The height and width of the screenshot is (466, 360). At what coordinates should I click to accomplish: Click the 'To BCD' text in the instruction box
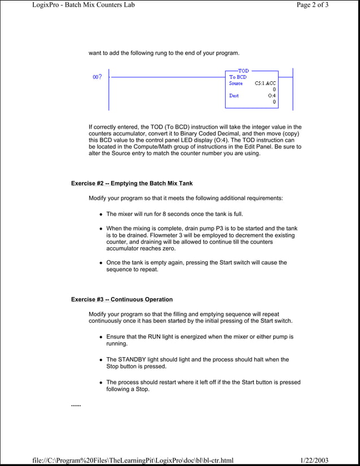(238, 77)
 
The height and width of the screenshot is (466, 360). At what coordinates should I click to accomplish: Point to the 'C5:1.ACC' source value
(265, 83)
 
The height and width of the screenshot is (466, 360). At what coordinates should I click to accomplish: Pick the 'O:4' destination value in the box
(272, 96)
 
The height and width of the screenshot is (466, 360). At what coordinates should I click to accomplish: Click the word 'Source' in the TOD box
(236, 83)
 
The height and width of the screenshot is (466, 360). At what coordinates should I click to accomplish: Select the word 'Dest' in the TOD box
(234, 96)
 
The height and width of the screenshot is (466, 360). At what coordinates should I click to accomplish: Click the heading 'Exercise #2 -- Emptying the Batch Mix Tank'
(131, 183)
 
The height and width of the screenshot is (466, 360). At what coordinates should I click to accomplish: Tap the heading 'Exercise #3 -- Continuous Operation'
(122, 299)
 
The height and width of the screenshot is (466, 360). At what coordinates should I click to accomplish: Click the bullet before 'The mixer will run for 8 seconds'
(101, 214)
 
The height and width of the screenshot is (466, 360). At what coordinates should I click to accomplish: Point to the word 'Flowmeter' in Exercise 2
(143, 235)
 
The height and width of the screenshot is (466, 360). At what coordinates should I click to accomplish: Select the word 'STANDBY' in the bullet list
(135, 359)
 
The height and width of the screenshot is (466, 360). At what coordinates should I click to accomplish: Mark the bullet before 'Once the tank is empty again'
(101, 263)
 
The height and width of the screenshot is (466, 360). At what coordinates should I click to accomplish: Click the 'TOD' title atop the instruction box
(243, 71)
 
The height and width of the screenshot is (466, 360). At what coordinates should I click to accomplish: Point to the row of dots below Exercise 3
(76, 406)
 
